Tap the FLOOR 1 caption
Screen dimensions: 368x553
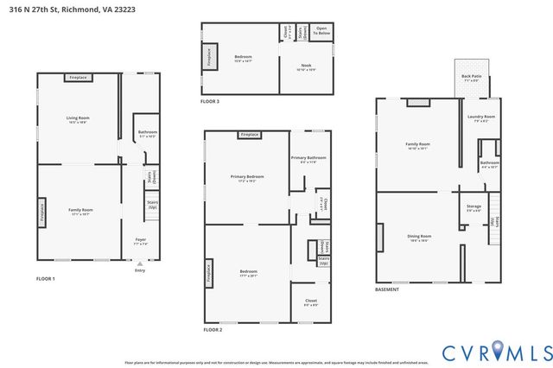coord(45,279)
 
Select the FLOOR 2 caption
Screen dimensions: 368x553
coord(213,330)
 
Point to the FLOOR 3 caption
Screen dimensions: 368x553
coord(210,101)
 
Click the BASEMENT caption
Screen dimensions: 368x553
coord(387,289)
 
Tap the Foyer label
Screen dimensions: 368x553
coord(140,241)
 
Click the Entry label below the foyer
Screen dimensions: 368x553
coord(140,270)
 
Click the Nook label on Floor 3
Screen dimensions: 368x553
coord(307,67)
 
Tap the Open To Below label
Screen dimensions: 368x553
coord(321,33)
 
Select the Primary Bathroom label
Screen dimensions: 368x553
coord(308,159)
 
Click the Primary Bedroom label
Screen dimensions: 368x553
coord(247,178)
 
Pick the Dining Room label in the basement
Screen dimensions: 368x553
coord(419,238)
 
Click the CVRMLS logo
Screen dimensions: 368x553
coord(497,352)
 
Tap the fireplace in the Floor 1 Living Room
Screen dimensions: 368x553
coord(79,78)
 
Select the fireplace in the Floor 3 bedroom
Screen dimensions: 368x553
coord(208,57)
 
